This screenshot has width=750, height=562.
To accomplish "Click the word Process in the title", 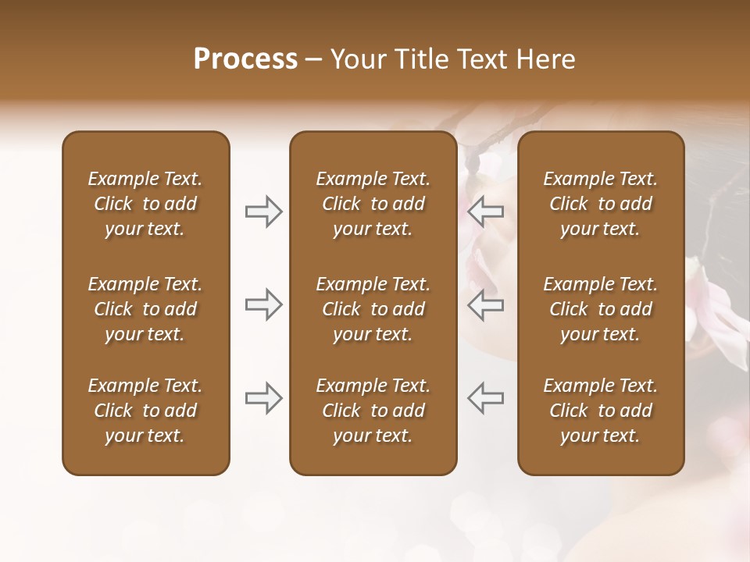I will coord(245,59).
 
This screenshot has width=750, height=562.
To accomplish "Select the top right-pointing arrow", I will coord(264,212).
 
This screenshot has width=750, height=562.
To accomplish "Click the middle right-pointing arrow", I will coord(264,304).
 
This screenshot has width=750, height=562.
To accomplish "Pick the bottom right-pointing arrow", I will coord(264,398).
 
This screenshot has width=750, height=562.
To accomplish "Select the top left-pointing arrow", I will coord(486,212).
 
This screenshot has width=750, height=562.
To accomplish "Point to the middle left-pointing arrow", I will coord(486,304).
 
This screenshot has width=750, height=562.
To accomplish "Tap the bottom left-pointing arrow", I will coord(486,398).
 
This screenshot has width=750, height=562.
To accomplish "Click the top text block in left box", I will coord(145,204).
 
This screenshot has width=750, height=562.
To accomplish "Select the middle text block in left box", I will coord(145,309).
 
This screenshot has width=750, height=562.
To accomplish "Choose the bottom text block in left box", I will coord(145,411).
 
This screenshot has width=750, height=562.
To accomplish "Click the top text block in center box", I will coord(373,204).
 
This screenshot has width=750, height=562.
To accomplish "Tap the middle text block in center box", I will coord(373,309).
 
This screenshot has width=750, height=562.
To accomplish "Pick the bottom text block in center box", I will coord(373,411).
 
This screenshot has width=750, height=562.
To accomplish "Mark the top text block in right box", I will coord(601,204).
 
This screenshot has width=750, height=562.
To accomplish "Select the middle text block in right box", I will coord(601,309).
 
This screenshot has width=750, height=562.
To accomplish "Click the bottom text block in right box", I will coord(601,411).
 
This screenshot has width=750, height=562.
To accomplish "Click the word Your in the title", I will coord(356,59).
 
